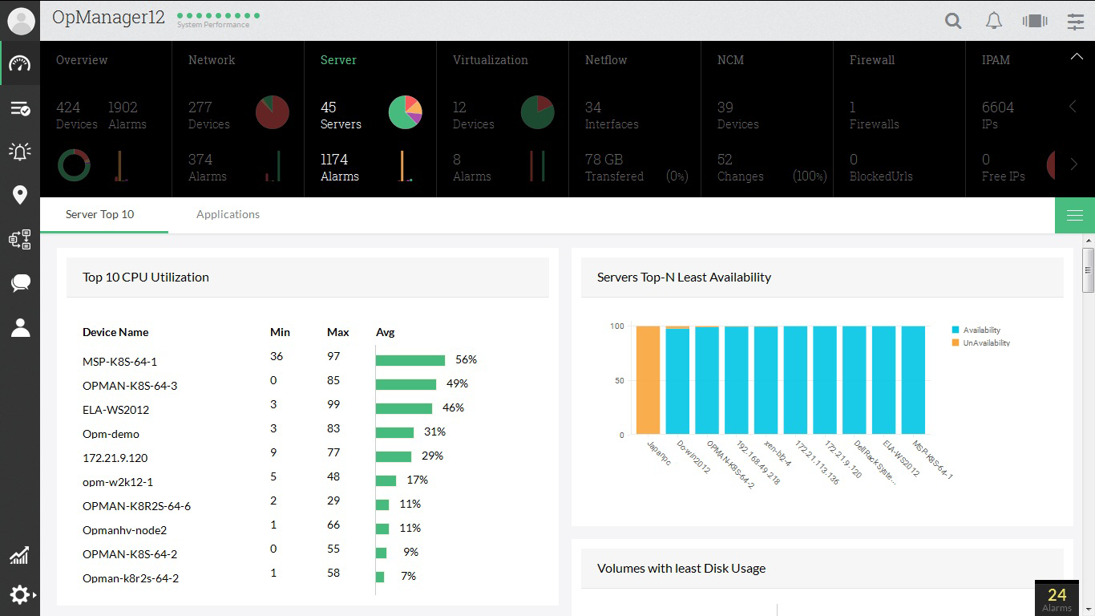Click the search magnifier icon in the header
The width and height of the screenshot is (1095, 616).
tap(953, 21)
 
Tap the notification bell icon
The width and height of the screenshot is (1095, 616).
tap(994, 21)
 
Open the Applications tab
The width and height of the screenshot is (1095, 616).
tap(228, 214)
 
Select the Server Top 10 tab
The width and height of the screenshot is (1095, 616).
tap(100, 214)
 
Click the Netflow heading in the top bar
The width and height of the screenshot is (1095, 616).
tap(606, 60)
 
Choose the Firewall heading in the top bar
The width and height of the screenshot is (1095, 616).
tap(872, 60)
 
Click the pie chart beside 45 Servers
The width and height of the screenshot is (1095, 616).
tap(405, 112)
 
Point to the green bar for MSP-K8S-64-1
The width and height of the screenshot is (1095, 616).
tap(410, 360)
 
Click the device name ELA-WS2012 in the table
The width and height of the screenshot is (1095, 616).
tap(116, 410)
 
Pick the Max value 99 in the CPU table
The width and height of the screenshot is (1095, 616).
tap(333, 404)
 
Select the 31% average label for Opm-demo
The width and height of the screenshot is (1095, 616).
tap(435, 432)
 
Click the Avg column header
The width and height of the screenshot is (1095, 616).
tap(385, 332)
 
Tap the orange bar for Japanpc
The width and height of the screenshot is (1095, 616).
tap(648, 380)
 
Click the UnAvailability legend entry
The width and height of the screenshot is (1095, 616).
tap(985, 343)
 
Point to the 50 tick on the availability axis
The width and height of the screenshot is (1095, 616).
tap(619, 381)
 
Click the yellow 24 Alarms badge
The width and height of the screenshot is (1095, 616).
tap(1057, 598)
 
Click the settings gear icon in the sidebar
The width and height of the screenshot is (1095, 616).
tap(20, 594)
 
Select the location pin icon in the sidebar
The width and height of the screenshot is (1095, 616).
tap(20, 195)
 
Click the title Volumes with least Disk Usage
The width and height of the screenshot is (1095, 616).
tap(681, 569)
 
